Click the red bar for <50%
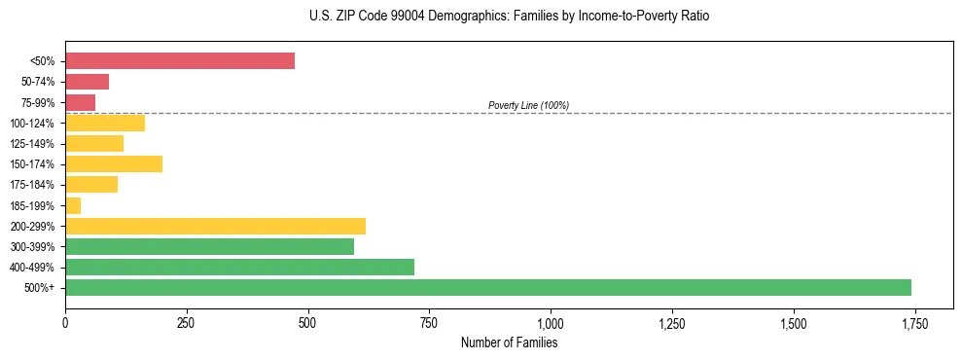(180, 61)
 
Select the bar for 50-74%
(87, 82)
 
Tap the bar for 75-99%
(80, 102)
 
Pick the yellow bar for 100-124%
(105, 123)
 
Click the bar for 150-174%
(114, 163)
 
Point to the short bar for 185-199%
(73, 205)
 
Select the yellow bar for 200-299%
(215, 226)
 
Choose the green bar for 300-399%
(209, 246)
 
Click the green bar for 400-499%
(239, 267)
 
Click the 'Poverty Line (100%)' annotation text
(528, 105)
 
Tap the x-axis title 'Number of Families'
(509, 342)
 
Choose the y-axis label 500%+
(42, 288)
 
